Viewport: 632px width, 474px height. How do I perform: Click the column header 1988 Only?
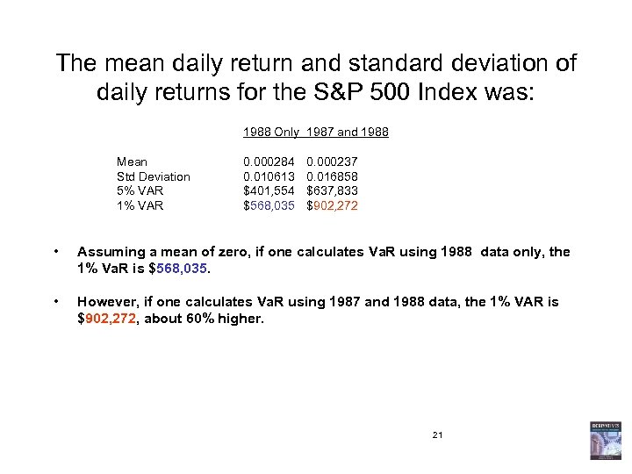pos(270,133)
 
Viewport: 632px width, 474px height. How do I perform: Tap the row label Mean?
pos(132,162)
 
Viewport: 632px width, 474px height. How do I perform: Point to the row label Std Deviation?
pos(153,176)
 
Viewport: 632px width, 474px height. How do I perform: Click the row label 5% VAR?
pos(140,190)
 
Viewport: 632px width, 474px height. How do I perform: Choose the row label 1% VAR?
pos(140,205)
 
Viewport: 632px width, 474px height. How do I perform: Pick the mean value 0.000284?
pos(269,162)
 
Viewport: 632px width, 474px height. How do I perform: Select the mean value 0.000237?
pos(332,162)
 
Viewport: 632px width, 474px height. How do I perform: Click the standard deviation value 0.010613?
pos(269,176)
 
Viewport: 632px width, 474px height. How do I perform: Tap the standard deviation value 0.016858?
pos(332,176)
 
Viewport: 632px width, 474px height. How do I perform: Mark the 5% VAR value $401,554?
pos(269,190)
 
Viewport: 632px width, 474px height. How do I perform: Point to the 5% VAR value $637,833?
pos(332,190)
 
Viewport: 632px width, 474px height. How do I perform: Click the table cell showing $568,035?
pos(269,205)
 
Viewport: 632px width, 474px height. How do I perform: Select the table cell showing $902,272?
pos(332,205)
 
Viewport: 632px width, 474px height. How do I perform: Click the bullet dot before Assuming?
pos(56,253)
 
